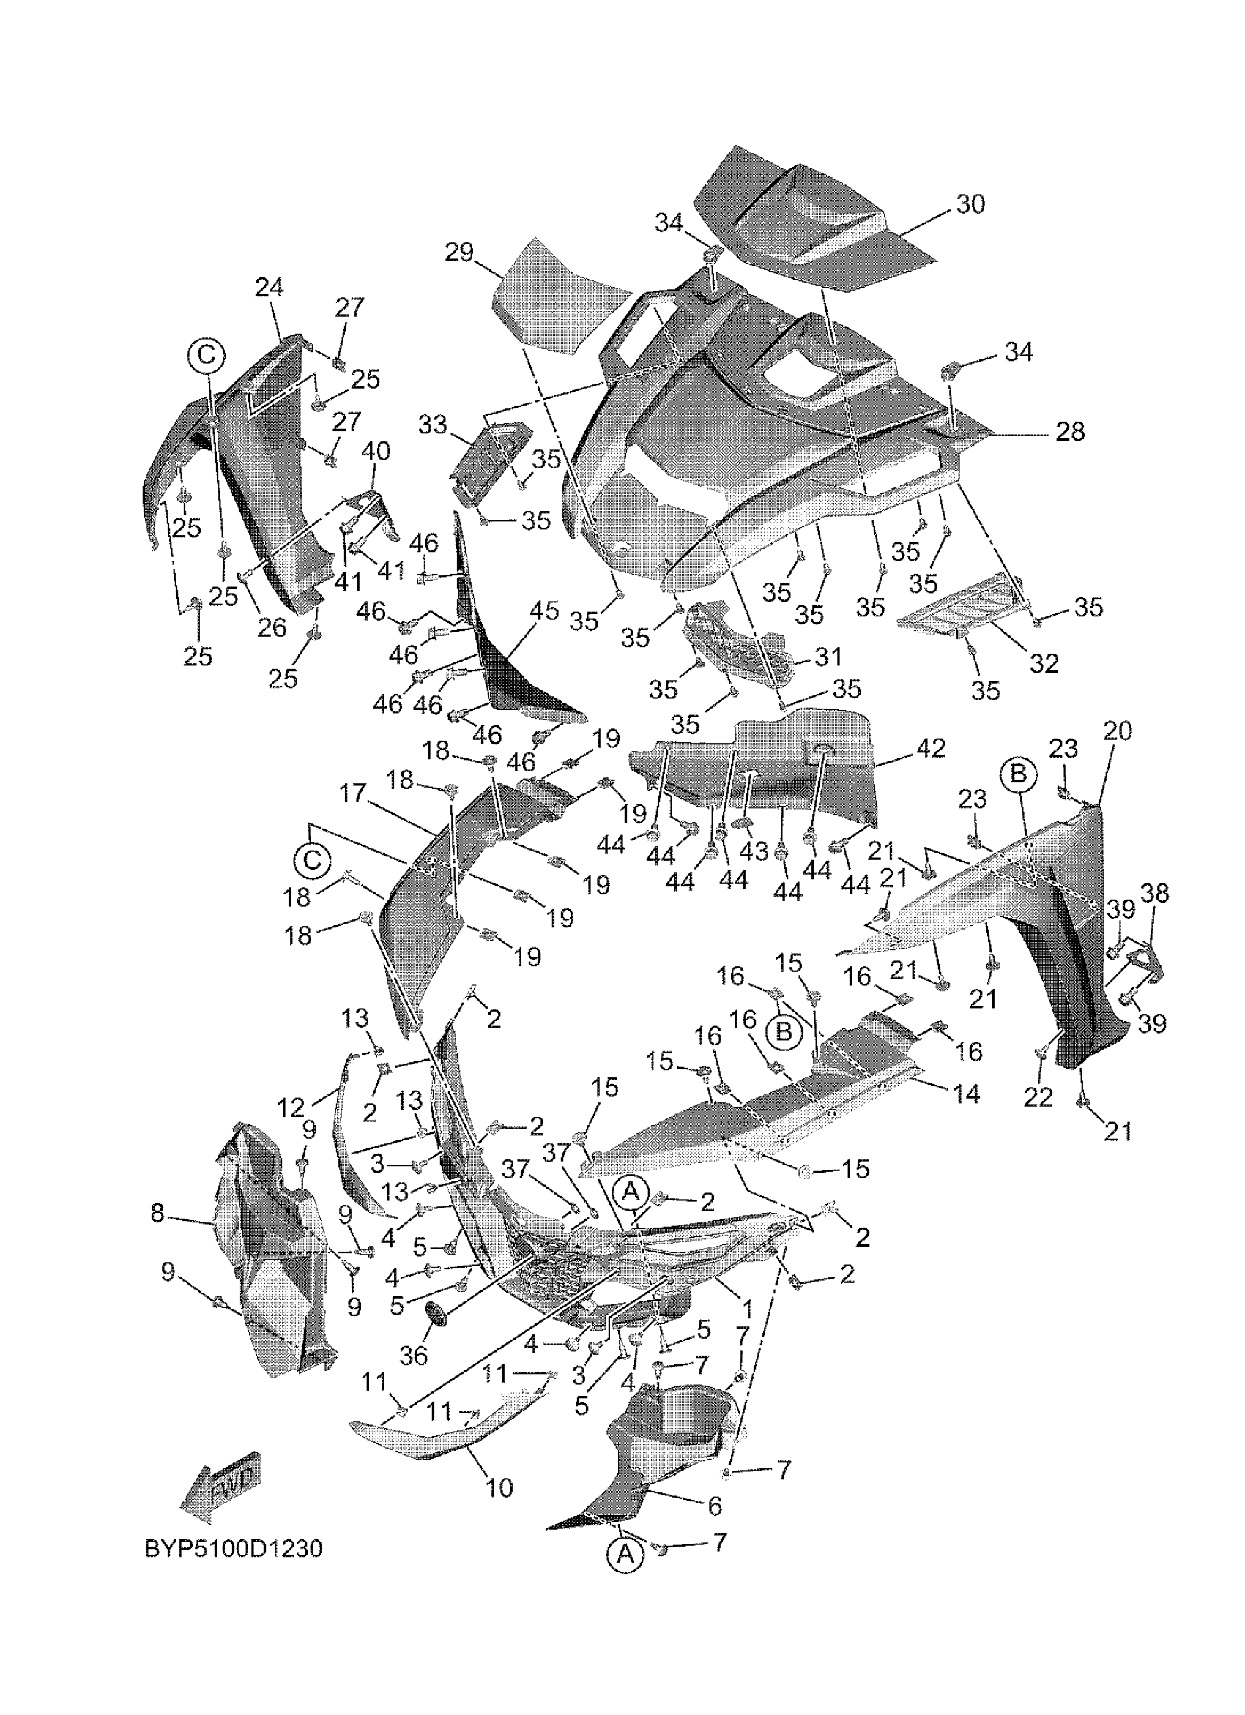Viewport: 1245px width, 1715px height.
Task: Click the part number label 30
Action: [970, 204]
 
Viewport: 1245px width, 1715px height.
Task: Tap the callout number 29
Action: [459, 252]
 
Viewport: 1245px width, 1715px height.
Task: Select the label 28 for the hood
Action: [1069, 432]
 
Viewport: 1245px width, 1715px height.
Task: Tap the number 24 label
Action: [270, 288]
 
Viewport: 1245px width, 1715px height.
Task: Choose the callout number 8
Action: [157, 1213]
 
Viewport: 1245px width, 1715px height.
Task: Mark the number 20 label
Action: [1117, 731]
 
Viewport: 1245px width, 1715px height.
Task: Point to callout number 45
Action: [545, 610]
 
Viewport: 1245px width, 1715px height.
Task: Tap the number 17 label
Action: [352, 793]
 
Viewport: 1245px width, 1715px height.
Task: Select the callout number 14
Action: [967, 1094]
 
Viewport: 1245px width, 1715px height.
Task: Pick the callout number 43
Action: [754, 851]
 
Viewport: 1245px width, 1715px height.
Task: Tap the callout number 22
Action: [1038, 1098]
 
